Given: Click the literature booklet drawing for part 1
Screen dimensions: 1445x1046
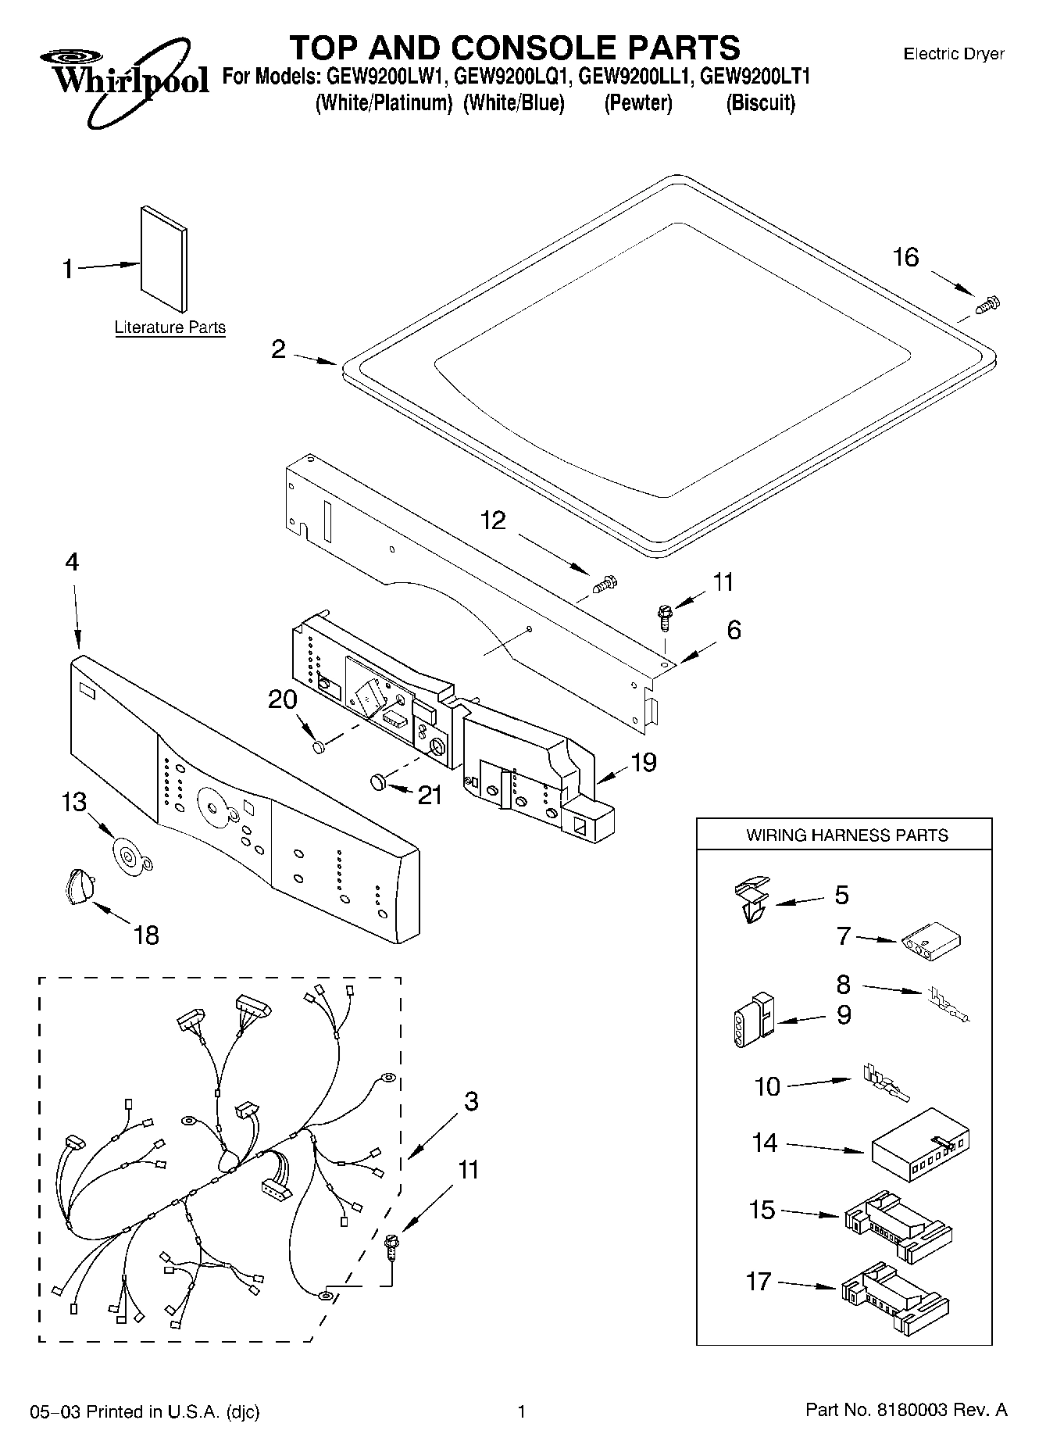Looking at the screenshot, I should [x=163, y=259].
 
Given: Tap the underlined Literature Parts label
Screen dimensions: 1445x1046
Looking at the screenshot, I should [x=170, y=328].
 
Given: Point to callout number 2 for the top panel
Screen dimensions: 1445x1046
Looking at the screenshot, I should [x=279, y=350].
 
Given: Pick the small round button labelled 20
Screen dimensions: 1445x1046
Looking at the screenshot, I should [x=318, y=747].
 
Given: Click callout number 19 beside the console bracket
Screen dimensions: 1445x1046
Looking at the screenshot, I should [x=644, y=763].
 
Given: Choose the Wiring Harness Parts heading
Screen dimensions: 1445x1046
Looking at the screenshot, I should [x=847, y=835].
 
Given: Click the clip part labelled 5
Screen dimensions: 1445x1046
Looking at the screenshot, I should [x=751, y=900].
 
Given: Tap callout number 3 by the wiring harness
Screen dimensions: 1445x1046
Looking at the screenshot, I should [x=471, y=1102].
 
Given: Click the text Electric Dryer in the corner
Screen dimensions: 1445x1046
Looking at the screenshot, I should [x=953, y=54].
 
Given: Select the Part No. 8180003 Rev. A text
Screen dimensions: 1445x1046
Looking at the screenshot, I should [x=906, y=1411].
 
